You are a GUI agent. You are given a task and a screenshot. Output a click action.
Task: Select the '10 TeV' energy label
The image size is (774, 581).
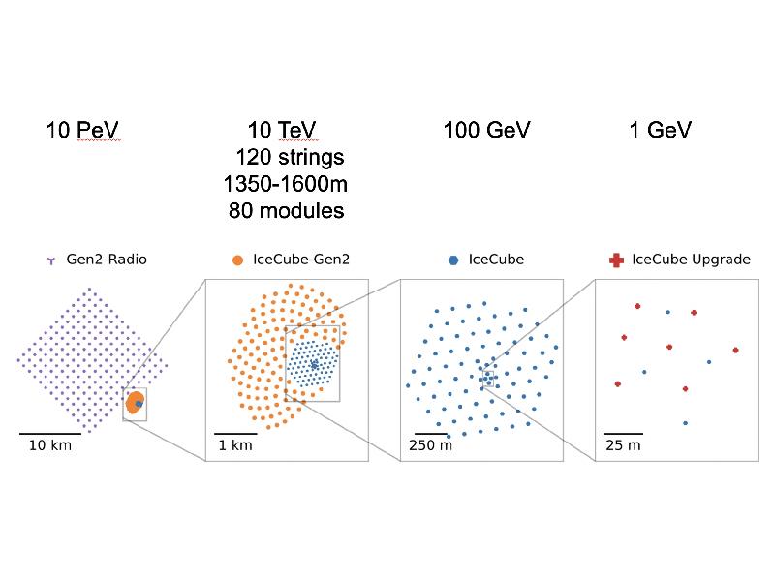[282, 130]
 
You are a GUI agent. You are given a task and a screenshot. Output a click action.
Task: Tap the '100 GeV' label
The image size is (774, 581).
[487, 130]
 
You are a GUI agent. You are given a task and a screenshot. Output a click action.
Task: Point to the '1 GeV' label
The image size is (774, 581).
[661, 130]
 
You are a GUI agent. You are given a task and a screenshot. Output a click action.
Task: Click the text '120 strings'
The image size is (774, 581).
[289, 157]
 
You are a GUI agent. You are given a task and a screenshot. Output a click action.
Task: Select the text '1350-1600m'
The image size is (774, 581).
[286, 183]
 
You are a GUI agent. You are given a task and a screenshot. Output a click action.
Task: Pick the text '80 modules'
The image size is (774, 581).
[286, 209]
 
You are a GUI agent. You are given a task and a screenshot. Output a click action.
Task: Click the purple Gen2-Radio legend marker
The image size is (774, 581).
[50, 260]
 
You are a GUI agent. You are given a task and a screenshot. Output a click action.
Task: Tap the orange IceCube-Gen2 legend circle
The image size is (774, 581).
[237, 260]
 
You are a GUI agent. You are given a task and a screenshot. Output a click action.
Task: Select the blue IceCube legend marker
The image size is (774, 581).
[452, 260]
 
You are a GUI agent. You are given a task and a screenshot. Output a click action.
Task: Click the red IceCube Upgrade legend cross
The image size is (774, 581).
[615, 260]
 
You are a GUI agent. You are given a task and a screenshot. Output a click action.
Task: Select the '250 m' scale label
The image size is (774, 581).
[430, 445]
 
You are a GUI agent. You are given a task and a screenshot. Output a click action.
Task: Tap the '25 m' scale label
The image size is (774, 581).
[622, 445]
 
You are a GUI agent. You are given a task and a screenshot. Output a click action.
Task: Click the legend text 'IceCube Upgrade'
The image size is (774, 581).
[691, 260]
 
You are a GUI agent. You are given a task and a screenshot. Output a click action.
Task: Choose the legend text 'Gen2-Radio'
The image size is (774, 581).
[107, 260]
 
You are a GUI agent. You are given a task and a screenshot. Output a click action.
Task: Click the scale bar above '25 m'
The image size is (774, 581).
[623, 433]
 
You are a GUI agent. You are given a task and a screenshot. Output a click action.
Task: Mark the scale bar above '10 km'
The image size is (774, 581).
[50, 433]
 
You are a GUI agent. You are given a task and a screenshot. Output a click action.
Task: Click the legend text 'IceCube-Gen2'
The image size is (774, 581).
[295, 260]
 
